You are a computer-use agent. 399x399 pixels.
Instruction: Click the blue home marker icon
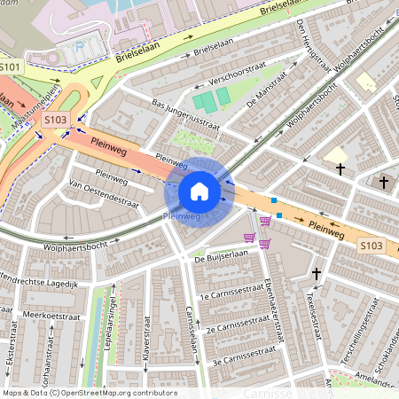point(199,192)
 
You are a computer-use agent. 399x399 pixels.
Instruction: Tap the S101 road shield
point(11,67)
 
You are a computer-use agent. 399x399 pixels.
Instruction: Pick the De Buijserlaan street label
point(221,254)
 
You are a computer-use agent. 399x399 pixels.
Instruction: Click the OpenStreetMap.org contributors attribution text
point(121,392)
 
